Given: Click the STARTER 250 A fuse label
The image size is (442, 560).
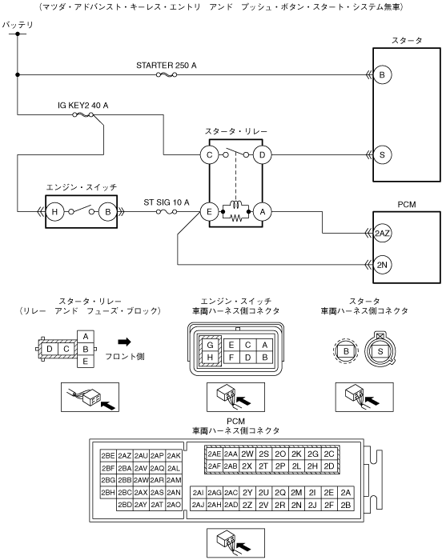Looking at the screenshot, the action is point(167,66).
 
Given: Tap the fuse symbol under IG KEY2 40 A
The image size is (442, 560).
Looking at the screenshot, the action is point(83,114).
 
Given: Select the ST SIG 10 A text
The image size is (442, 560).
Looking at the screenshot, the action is point(167,202).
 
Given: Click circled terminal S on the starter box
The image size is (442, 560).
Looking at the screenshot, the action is point(382,155).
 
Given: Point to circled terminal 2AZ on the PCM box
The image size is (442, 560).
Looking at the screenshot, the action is point(382,234).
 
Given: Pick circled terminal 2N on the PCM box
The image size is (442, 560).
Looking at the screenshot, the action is point(382,265).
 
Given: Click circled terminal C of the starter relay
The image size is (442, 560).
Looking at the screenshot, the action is point(209,155).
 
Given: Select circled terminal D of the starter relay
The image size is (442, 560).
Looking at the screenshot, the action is point(262,155).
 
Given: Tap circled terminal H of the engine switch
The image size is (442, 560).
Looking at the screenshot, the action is point(54,212).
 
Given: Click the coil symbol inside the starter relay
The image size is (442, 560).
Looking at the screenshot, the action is point(235,205).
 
